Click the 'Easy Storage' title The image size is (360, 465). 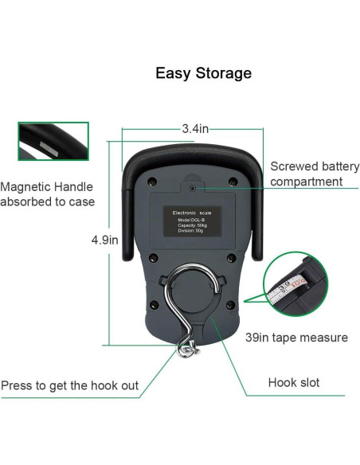point(203,73)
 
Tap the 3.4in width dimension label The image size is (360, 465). point(194,127)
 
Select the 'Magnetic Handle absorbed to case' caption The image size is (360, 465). point(48,194)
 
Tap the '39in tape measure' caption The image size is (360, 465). point(296,338)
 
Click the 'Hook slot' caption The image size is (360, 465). point(294,382)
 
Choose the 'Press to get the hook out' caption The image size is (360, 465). point(70,386)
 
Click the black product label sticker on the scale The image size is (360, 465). point(194,223)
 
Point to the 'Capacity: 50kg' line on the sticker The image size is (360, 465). point(194,226)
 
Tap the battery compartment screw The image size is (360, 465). point(194,188)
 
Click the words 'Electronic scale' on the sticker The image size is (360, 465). point(194,213)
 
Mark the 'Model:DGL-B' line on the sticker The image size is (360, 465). point(194,221)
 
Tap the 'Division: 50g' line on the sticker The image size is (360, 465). point(194,232)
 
